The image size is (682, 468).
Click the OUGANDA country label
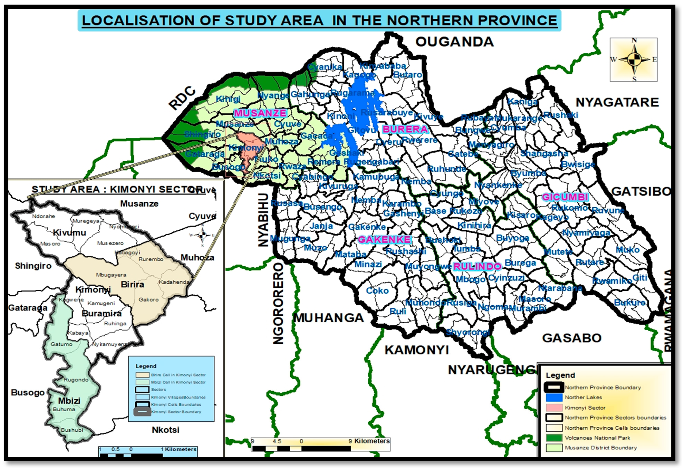point(454,42)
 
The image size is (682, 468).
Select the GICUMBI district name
point(565,197)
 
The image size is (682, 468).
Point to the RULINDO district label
point(477,266)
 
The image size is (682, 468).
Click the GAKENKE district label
point(384,240)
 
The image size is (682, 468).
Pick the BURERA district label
point(405,129)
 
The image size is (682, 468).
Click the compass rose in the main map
point(634,60)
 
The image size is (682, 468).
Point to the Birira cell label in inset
point(132,285)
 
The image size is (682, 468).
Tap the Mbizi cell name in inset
point(69,401)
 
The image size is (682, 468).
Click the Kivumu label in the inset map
point(70,233)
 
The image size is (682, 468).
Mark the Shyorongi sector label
point(468,332)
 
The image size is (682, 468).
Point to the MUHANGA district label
point(329,318)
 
